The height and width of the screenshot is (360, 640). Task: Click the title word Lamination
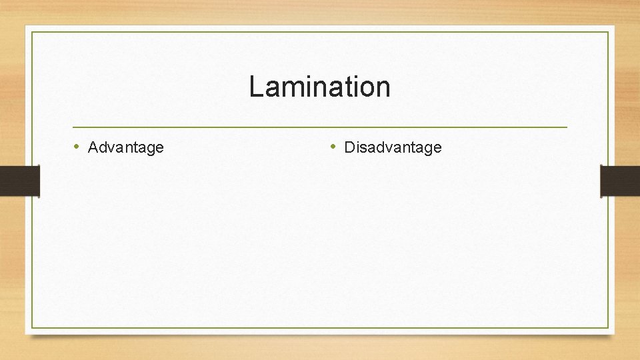coord(319,87)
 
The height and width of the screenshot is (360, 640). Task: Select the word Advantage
coord(125,147)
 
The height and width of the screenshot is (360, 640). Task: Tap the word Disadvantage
coord(393,147)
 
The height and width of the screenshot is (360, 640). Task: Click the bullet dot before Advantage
coord(77,147)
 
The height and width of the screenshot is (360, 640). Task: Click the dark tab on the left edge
coord(19,181)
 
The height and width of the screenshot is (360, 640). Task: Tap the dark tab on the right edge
coord(620,181)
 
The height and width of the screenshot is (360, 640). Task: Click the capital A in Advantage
coord(93,147)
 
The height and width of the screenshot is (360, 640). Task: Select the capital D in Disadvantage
coord(349,147)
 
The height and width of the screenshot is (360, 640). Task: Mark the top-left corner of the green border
coord(32,32)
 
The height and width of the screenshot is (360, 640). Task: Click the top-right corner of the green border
coord(609,32)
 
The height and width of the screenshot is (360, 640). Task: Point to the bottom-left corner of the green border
coord(32,327)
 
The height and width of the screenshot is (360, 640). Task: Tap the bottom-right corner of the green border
coord(609,327)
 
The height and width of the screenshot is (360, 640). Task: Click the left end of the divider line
coord(73,127)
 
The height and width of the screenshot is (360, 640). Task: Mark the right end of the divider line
coord(567,127)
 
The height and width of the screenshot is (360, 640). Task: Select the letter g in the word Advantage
coord(149,149)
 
